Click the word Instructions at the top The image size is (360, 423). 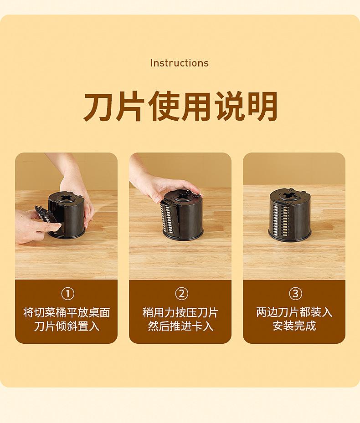180,63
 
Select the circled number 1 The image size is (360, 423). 67,294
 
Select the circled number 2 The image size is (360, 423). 181,294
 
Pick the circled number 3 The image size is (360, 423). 295,294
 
